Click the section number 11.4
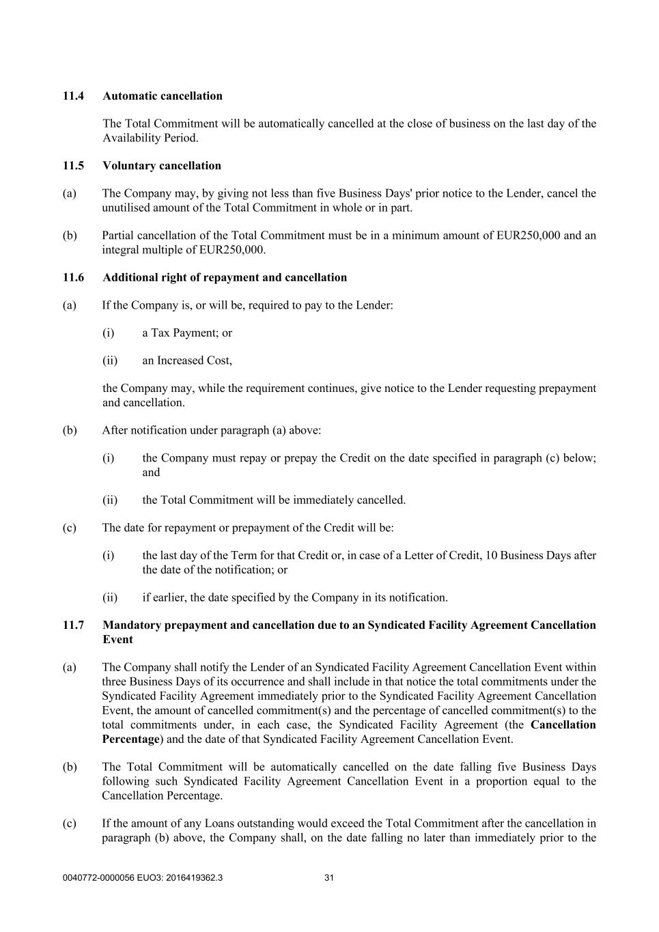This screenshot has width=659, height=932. tap(73, 96)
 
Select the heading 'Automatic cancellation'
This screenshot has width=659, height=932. tap(163, 96)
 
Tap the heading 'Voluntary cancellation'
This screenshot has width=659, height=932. tap(162, 166)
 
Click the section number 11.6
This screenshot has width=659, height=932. tap(73, 278)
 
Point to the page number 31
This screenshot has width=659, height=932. tap(328, 878)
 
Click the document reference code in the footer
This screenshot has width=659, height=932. tap(142, 878)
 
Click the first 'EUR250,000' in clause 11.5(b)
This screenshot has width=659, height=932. tap(529, 236)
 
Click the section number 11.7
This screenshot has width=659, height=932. tap(73, 625)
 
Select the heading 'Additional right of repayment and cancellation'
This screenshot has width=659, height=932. tap(225, 278)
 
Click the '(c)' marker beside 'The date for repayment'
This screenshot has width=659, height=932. tap(70, 528)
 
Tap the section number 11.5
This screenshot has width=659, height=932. tap(73, 166)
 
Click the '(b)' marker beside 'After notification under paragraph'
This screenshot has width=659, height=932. tap(70, 430)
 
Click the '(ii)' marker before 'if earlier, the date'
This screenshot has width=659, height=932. tap(110, 598)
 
